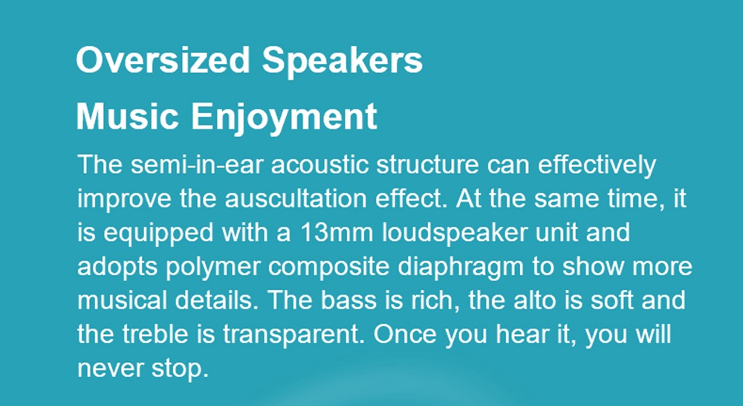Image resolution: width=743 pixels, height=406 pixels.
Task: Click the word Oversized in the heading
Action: click(x=163, y=60)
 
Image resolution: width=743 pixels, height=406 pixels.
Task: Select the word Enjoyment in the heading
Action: click(x=285, y=118)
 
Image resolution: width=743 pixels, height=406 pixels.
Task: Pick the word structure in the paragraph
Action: click(x=427, y=165)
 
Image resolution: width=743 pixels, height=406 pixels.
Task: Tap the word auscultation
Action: click(x=295, y=199)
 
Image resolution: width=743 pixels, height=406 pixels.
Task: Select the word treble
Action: click(x=155, y=335)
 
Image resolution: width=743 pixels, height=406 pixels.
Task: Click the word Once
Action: click(x=404, y=335)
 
